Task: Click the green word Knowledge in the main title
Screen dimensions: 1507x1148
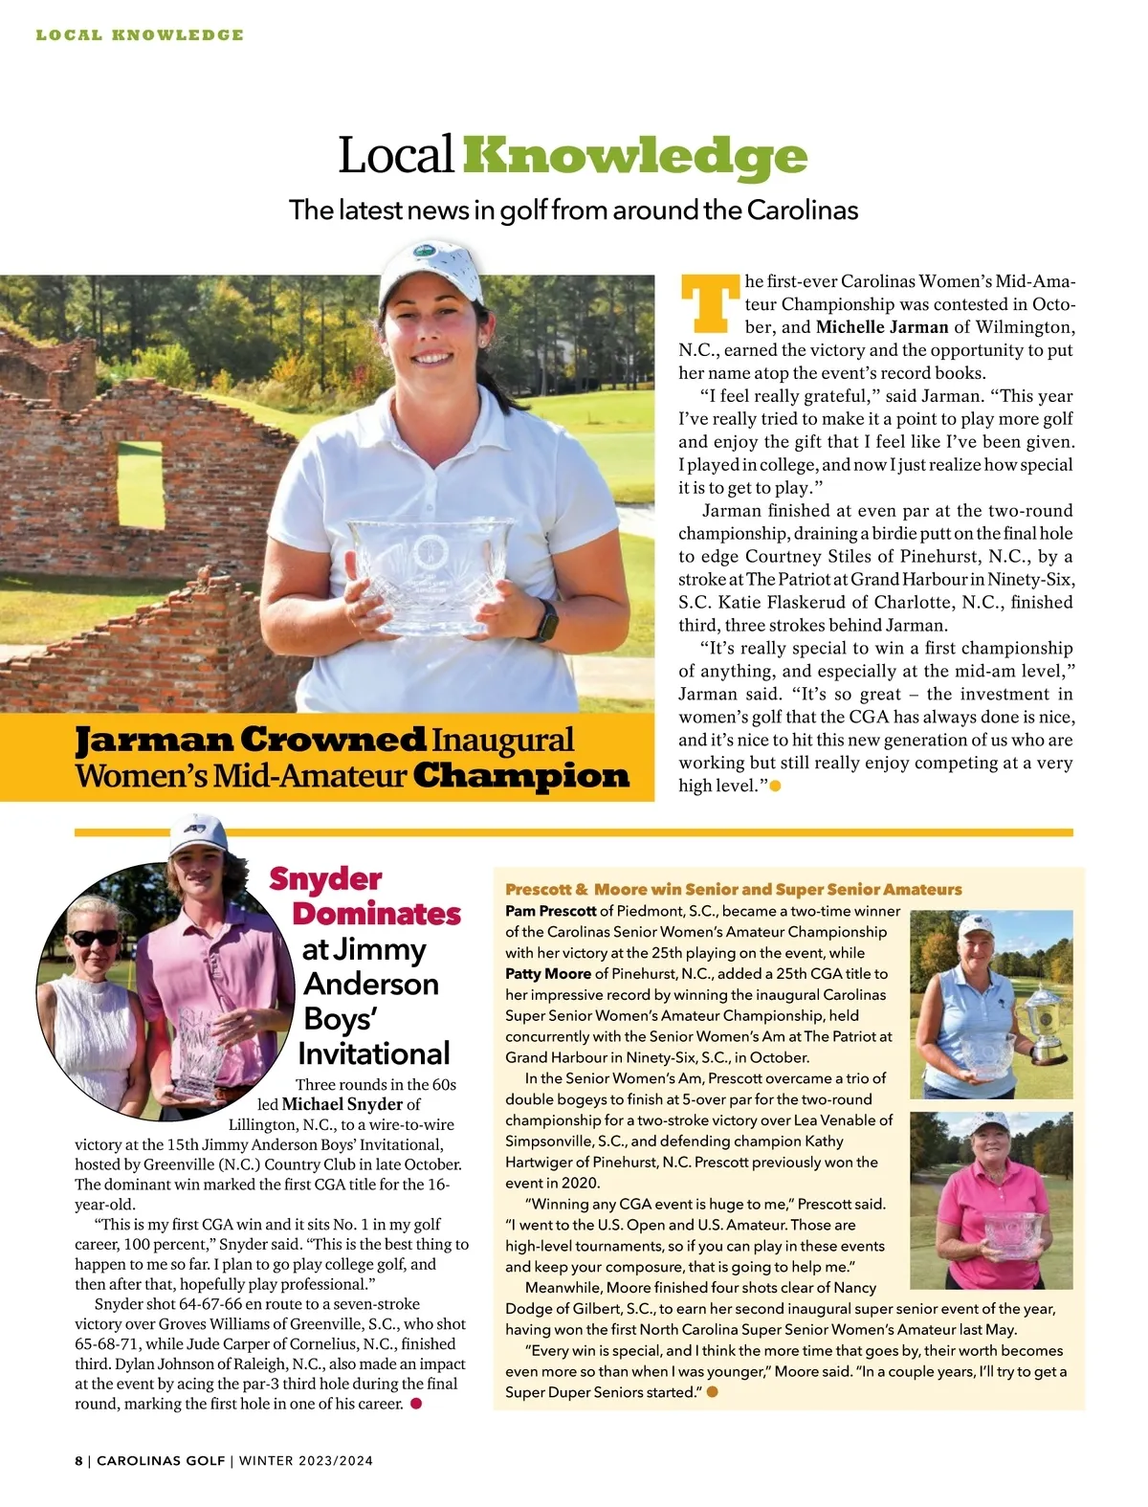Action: tap(634, 157)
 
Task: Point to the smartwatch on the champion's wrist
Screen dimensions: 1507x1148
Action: tap(545, 620)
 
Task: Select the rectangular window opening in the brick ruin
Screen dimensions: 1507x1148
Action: tap(140, 482)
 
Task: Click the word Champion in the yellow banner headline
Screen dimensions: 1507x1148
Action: tap(521, 776)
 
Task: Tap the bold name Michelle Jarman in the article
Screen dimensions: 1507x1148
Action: tap(882, 327)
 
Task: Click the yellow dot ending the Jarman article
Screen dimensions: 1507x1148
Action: tap(776, 786)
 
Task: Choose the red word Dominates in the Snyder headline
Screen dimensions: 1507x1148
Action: tap(377, 914)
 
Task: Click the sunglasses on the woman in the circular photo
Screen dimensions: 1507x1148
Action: tap(95, 938)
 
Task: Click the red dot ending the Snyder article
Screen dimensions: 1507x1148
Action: tap(415, 1403)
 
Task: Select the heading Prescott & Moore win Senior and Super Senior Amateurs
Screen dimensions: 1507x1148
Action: tap(733, 890)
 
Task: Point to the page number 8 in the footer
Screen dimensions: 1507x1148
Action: tap(78, 1460)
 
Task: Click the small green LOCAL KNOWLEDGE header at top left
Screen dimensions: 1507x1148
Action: tap(140, 35)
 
